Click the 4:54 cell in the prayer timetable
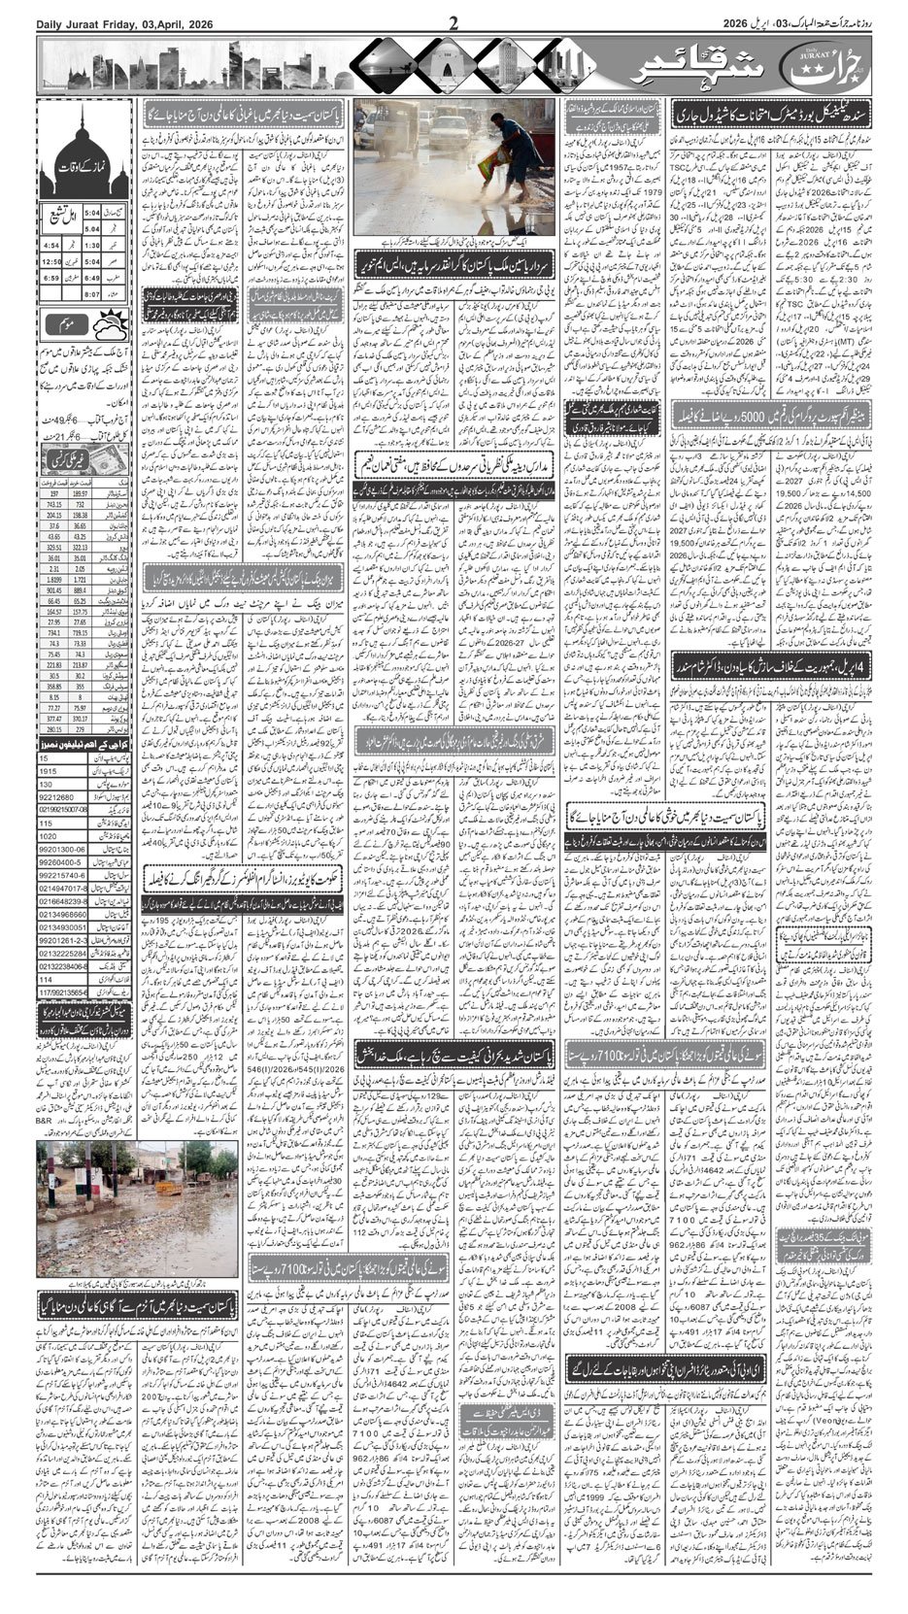[x=53, y=246]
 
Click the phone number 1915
[x=50, y=771]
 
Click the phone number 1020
[x=50, y=834]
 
